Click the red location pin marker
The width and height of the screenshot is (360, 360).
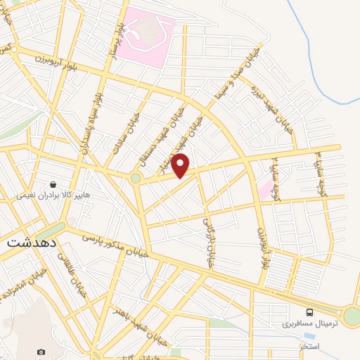coord(181,165)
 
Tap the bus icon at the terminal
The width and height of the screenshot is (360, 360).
coord(310,312)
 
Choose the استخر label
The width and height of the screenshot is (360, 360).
coord(309,347)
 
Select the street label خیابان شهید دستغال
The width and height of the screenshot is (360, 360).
coord(166,138)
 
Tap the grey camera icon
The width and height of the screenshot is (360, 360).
coord(41,351)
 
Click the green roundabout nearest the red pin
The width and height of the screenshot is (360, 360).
coord(135,179)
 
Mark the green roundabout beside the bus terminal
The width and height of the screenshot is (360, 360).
coord(352,316)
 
